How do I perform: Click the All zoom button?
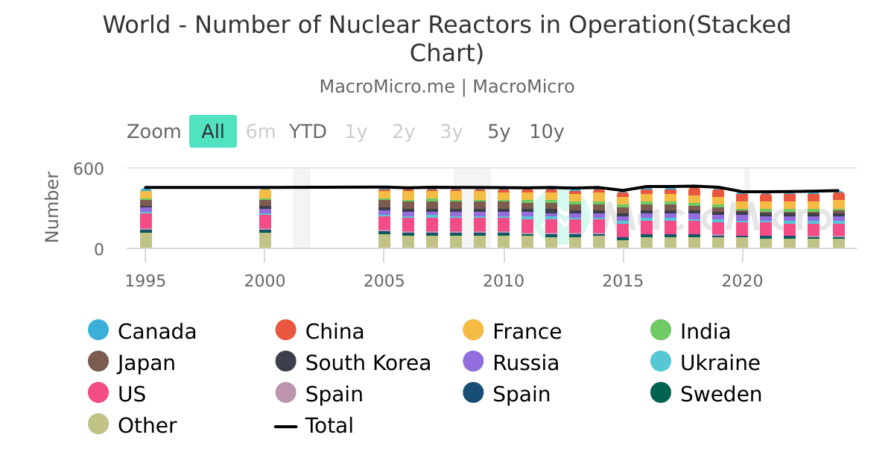(x=213, y=132)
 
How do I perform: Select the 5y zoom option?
(x=499, y=132)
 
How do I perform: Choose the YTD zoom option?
(x=308, y=132)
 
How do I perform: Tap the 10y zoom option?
(x=547, y=132)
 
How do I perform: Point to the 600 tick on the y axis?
(x=88, y=169)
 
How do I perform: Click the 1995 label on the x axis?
(x=145, y=281)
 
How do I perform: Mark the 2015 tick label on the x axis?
(x=623, y=281)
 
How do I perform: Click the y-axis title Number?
(x=52, y=207)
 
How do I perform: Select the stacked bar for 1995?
(x=145, y=219)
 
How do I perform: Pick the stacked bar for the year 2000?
(x=264, y=219)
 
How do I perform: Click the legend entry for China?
(x=335, y=331)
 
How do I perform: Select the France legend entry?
(x=527, y=331)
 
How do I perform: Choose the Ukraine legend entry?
(x=720, y=363)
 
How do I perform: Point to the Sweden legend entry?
(x=720, y=395)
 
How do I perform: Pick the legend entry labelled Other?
(x=147, y=426)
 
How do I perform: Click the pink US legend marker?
(x=98, y=394)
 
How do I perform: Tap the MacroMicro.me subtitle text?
(x=387, y=87)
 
